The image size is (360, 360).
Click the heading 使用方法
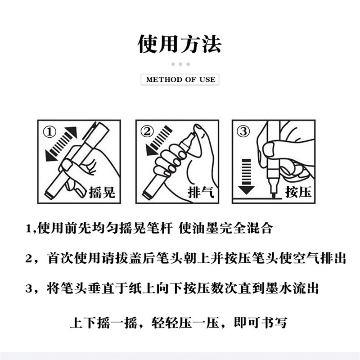[x=180, y=44]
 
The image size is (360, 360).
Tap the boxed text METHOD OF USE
[x=180, y=80]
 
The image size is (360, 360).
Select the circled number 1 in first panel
[x=49, y=132]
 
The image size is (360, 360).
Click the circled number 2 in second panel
[x=147, y=132]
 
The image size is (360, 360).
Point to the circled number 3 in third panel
[x=243, y=132]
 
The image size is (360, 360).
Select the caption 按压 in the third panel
[x=298, y=192]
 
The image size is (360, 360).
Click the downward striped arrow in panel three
[x=246, y=175]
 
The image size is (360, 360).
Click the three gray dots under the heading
[x=180, y=64]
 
